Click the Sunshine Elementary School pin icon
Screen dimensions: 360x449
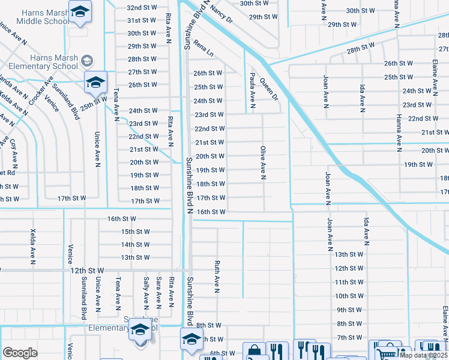click(140, 331)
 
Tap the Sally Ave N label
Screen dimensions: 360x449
click(146, 290)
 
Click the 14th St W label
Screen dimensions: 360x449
click(135, 245)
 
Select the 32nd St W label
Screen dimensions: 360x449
click(142, 8)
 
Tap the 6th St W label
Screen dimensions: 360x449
click(222, 353)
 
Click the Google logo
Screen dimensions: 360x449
click(20, 353)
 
